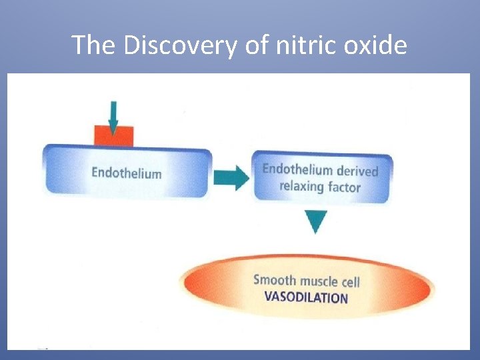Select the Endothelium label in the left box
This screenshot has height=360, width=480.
pyautogui.click(x=126, y=173)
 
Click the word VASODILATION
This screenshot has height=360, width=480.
pyautogui.click(x=306, y=297)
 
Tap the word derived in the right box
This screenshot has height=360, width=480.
pyautogui.click(x=357, y=171)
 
